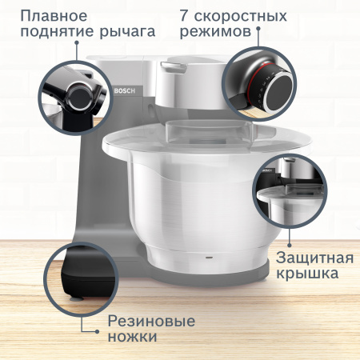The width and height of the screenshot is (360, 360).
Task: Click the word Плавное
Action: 53,17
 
